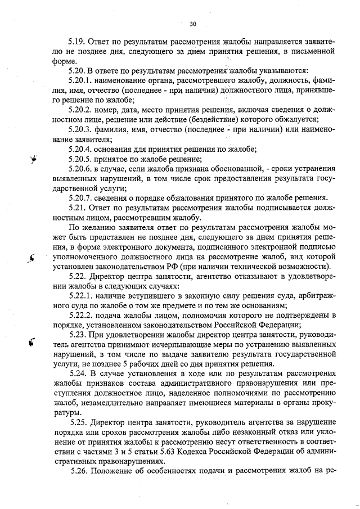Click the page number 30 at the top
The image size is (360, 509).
(193, 24)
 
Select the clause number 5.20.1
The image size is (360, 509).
(79, 80)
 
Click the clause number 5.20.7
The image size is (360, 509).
(79, 198)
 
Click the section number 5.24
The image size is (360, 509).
(76, 374)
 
